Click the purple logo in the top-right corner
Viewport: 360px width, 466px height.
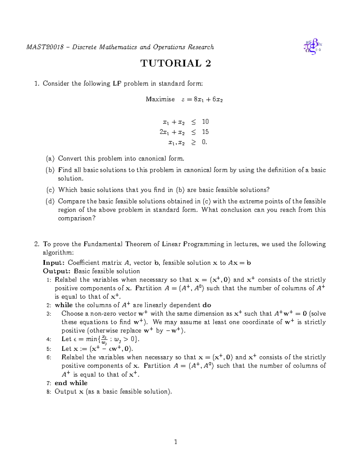click(x=313, y=47)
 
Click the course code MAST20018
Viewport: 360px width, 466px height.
click(x=45, y=47)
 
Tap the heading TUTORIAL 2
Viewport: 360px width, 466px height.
click(x=175, y=63)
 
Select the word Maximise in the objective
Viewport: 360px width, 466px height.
click(x=160, y=99)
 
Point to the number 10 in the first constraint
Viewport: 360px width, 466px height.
click(x=205, y=122)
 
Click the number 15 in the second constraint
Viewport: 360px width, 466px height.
click(x=205, y=132)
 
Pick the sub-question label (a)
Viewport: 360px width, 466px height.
click(x=50, y=158)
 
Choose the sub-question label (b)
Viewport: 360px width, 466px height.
click(x=50, y=170)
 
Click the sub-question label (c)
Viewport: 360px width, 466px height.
click(x=50, y=190)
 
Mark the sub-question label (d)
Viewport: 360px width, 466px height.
click(x=50, y=201)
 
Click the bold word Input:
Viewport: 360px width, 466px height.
click(x=54, y=263)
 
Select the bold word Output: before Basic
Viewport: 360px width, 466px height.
click(x=57, y=271)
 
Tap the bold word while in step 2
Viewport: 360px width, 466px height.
click(x=64, y=305)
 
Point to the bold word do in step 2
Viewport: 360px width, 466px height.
click(x=207, y=305)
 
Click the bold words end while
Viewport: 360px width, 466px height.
click(x=71, y=383)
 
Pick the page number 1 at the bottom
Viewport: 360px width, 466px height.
click(x=176, y=442)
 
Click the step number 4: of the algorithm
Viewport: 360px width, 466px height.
click(x=49, y=339)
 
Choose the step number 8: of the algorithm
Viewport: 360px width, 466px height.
click(x=49, y=392)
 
